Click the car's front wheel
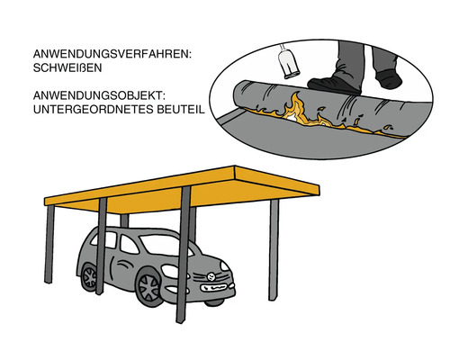click(150, 287)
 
